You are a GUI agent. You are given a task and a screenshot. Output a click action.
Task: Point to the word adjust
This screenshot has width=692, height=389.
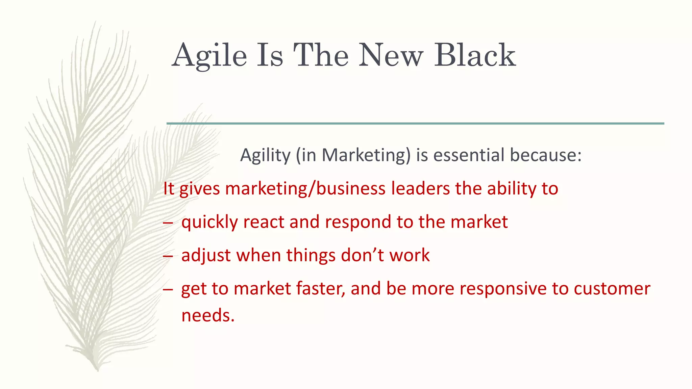point(206,256)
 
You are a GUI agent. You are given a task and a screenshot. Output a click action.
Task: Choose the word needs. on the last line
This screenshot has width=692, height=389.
point(208,315)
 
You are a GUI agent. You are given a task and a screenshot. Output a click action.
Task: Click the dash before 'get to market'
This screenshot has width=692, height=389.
point(168,289)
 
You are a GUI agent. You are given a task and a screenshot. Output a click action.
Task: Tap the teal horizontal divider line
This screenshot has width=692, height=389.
point(415,124)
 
